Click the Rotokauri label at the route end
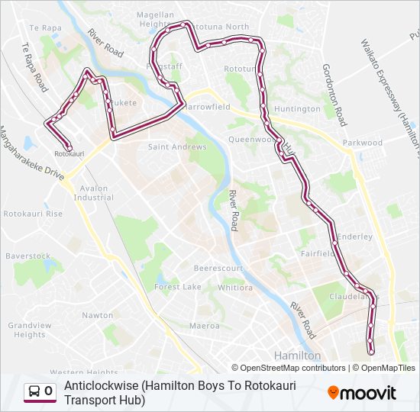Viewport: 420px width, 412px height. (69, 154)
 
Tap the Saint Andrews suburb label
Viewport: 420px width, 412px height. (177, 146)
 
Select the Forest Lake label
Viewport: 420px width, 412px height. (178, 287)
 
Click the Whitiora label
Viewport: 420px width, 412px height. (235, 288)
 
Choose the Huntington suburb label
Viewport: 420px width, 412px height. (297, 109)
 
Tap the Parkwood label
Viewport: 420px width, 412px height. (363, 143)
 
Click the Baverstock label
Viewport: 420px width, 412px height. (27, 256)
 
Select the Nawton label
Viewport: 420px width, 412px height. (98, 315)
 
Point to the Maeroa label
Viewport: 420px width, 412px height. (204, 326)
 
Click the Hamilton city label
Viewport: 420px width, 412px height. (298, 356)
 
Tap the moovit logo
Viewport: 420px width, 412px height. (362, 393)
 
